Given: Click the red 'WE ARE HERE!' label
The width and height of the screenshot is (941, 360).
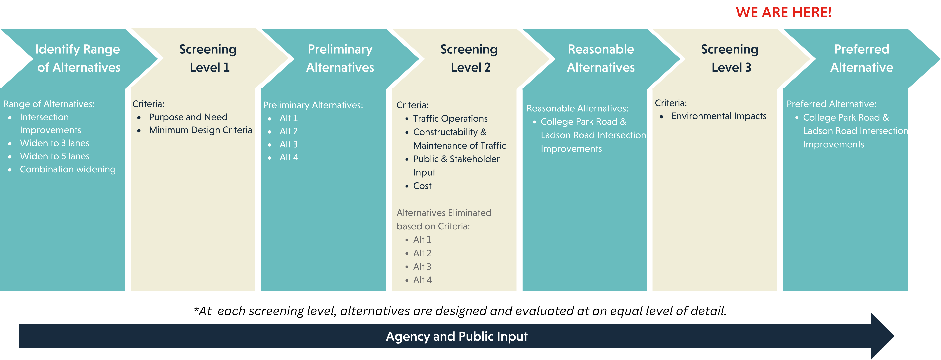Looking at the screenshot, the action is (x=784, y=12).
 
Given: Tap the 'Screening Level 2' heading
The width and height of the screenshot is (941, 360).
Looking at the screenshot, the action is (x=469, y=58).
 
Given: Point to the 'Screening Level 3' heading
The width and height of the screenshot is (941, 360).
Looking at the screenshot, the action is (x=730, y=58).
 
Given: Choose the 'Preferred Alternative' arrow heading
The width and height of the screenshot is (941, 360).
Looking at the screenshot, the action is (x=862, y=58).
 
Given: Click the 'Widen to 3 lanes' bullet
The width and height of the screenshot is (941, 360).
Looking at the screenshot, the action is (x=54, y=143).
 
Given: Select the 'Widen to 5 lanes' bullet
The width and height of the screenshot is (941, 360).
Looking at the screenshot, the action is (x=54, y=156).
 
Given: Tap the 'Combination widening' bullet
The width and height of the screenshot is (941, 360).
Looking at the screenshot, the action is (x=68, y=170).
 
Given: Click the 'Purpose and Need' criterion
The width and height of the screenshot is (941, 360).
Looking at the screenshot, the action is (x=188, y=117).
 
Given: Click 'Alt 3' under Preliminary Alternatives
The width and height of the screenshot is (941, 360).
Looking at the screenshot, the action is (x=289, y=144).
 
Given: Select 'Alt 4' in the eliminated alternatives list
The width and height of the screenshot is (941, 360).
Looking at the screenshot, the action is (x=422, y=280).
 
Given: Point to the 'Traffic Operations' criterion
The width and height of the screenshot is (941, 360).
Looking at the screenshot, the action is (x=450, y=119).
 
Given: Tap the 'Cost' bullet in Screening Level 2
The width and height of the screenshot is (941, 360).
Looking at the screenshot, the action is (x=422, y=186).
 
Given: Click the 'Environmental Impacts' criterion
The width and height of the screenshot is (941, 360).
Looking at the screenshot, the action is (x=719, y=116).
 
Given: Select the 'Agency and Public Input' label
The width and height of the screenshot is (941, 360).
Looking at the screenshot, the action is (x=457, y=336).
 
